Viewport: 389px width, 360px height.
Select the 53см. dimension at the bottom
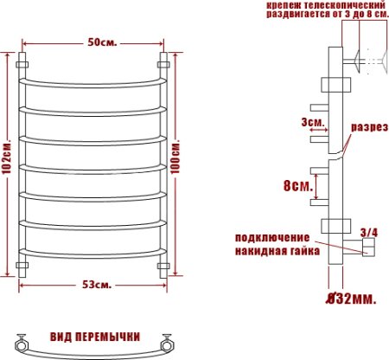point(95,285)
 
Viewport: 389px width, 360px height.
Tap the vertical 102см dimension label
point(8,162)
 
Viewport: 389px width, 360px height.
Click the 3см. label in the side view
point(313,122)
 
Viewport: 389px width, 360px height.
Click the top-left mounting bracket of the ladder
point(23,64)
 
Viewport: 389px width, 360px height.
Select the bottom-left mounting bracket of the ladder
point(23,263)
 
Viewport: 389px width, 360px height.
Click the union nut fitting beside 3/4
point(367,250)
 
